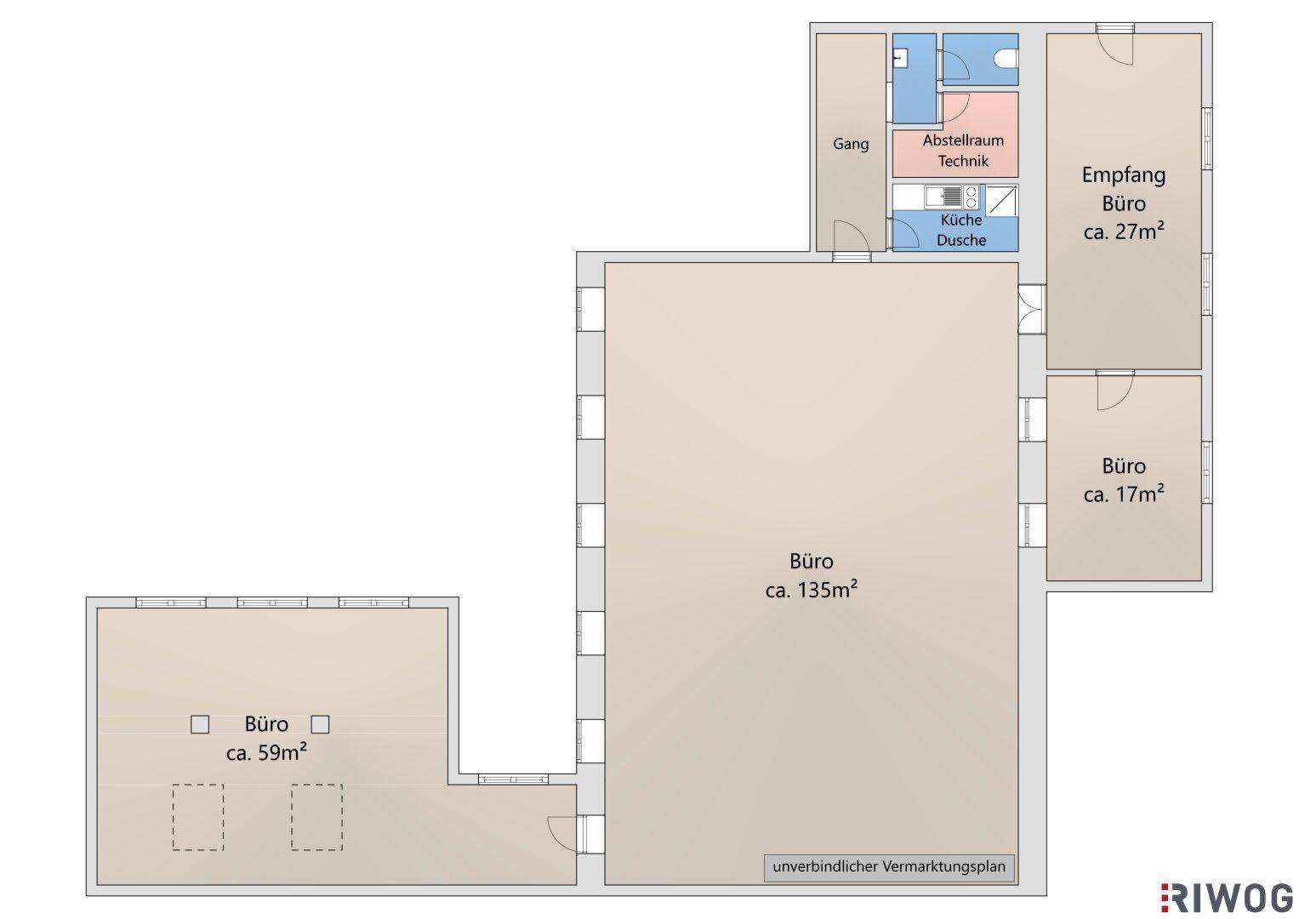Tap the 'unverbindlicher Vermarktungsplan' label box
888,869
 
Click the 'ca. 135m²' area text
812,591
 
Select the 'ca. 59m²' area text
266,753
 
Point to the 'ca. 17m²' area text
1124,494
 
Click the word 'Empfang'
1124,175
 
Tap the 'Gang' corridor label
851,144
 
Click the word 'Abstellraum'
963,140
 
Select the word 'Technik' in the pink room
963,161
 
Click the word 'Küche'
961,220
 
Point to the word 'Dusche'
961,240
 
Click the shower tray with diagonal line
1001,200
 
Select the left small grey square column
200,725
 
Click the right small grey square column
320,725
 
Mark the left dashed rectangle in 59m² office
197,818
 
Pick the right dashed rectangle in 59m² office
316,818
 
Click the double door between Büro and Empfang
1032,309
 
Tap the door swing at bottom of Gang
852,237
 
